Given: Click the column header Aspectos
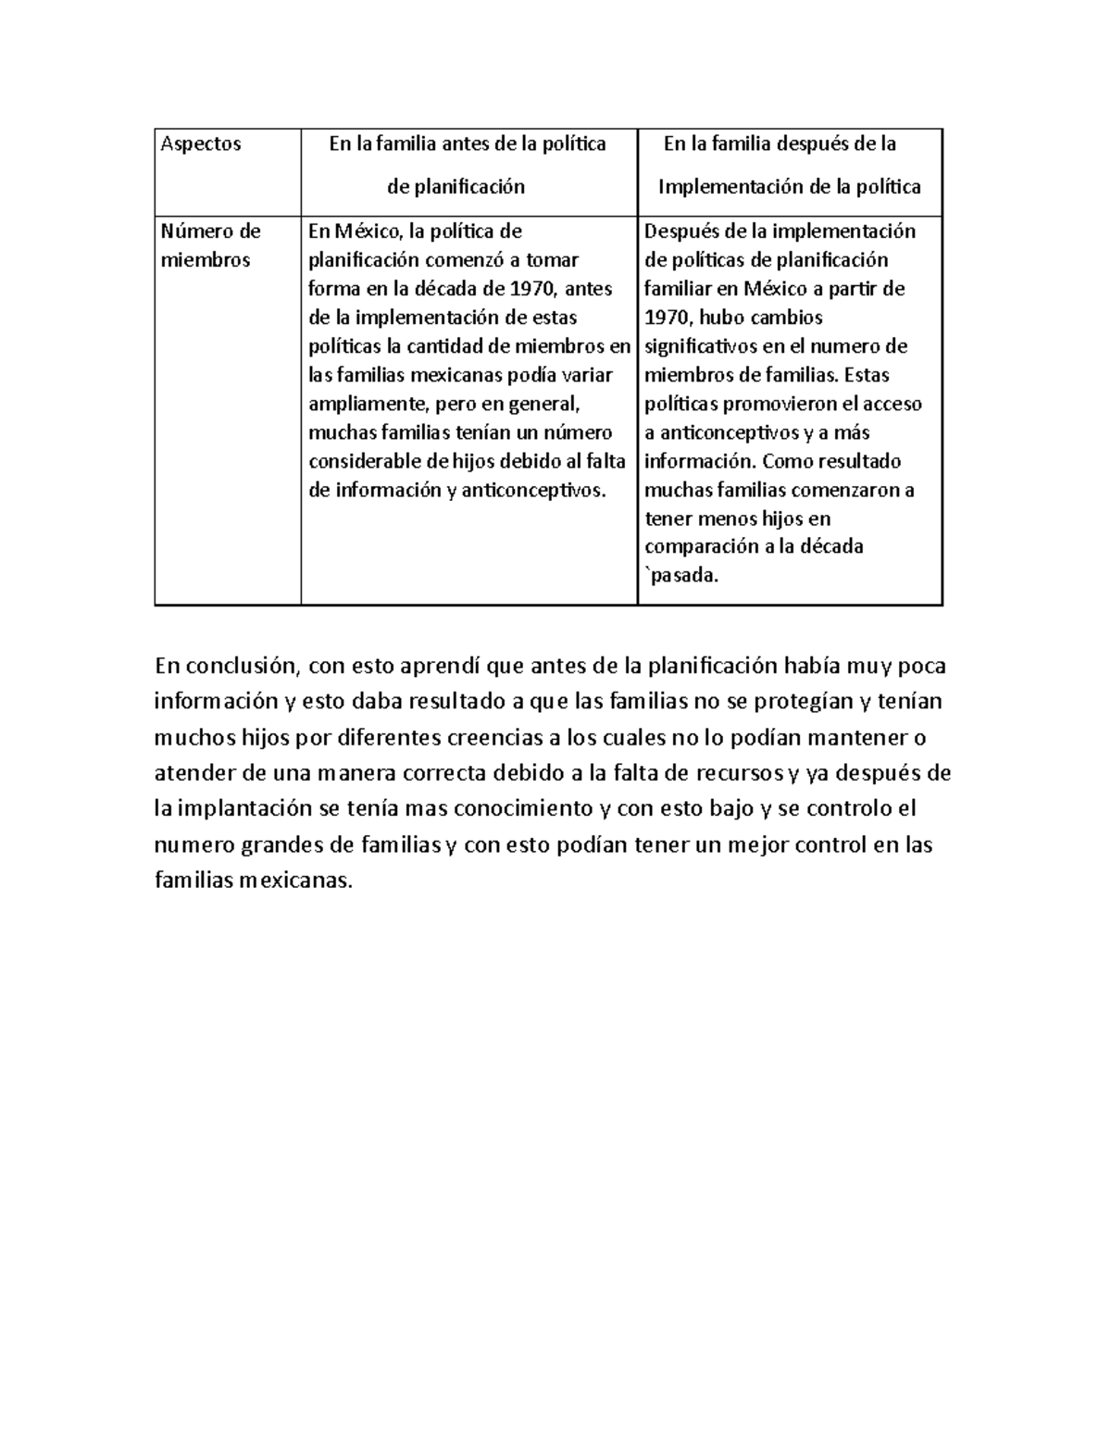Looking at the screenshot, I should (x=201, y=144).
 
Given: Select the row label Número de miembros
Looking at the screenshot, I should (x=210, y=245).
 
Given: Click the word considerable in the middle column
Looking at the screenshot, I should (x=364, y=461).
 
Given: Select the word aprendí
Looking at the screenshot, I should (x=443, y=666).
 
